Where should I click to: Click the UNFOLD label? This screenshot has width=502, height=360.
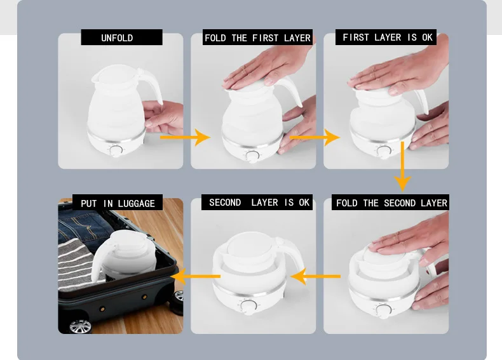117,38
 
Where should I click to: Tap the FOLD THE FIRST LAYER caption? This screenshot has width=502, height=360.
258,38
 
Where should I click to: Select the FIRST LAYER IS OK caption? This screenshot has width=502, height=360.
388,37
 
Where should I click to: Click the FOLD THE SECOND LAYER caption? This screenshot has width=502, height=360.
391,203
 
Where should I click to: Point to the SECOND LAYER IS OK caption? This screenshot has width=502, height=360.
259,203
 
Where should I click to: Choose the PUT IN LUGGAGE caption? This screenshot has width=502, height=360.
118,204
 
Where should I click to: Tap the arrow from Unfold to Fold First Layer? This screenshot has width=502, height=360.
185,138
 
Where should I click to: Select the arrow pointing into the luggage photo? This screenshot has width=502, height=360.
195,276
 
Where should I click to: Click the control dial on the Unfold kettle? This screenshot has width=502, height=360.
116,150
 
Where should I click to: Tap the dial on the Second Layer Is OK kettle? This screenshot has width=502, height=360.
248,307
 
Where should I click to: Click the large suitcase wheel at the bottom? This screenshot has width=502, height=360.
79,327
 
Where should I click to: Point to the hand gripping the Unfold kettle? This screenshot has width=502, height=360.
163,117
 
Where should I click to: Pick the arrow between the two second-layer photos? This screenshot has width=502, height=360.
315,276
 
